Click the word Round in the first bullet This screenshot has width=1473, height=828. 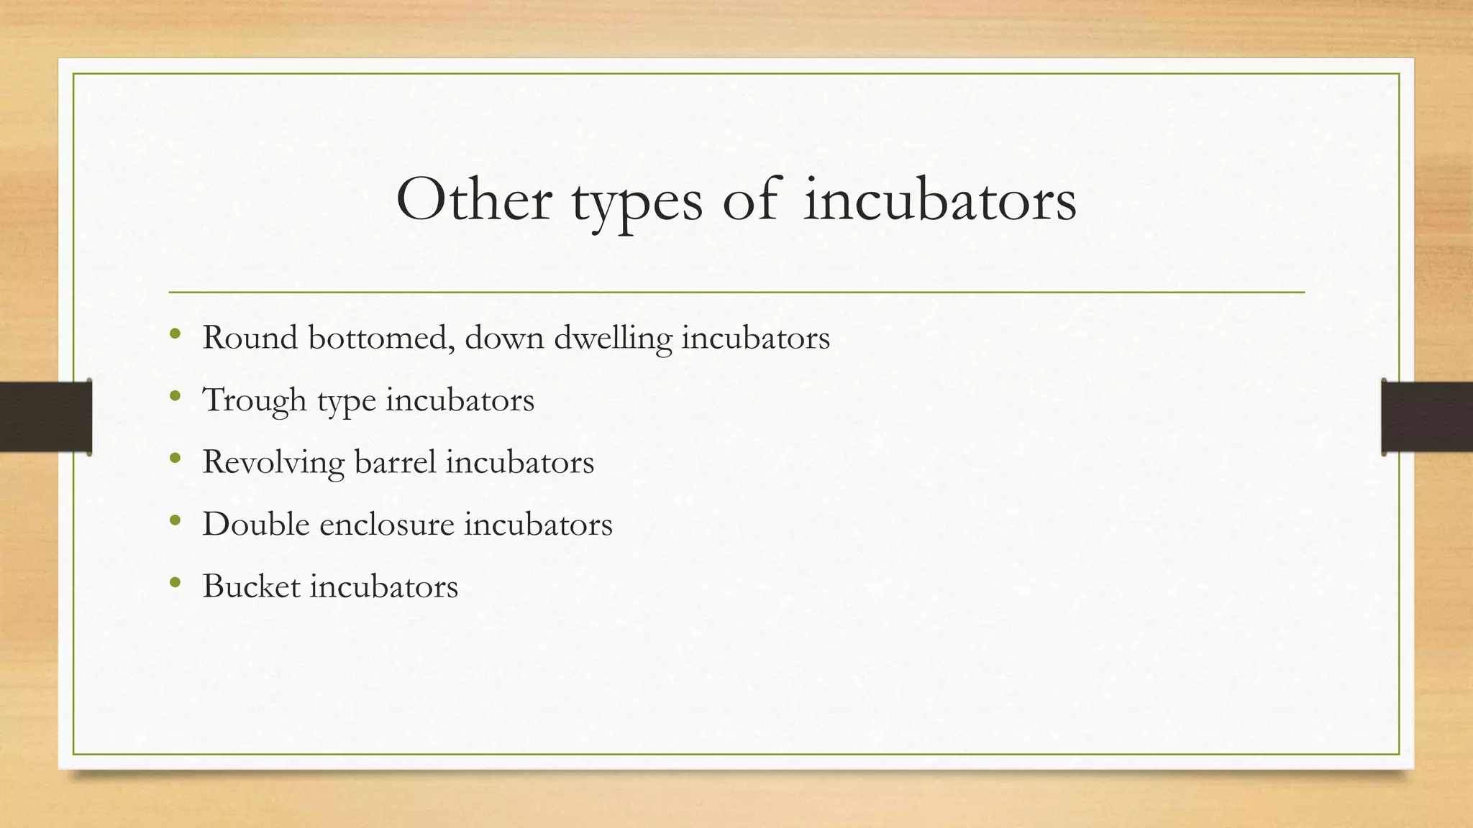250,337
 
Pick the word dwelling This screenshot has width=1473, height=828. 613,339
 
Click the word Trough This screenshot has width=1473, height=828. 255,400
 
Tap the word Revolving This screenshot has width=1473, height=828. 273,462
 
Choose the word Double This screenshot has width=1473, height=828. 256,523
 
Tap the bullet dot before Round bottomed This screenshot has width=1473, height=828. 175,334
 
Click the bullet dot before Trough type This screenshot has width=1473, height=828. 175,396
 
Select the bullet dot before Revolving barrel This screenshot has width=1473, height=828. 175,459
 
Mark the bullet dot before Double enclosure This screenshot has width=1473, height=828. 175,520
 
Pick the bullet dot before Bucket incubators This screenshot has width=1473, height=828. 175,583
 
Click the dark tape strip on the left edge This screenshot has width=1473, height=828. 45,417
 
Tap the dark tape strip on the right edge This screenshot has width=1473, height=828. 1427,417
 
